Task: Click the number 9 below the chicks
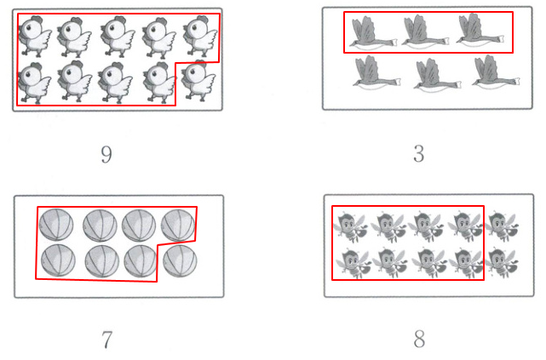[x=106, y=154]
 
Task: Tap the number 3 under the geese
[x=419, y=153]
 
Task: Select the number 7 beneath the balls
[x=107, y=340]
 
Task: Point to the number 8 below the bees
[x=419, y=339]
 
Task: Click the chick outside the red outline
[x=198, y=81]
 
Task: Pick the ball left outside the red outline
[x=180, y=261]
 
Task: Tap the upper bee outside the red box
[x=502, y=226]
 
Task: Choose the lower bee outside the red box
[x=502, y=263]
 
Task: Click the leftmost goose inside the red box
[x=372, y=32]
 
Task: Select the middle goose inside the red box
[x=424, y=32]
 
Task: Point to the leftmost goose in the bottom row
[x=376, y=74]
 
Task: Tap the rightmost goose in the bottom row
[x=496, y=72]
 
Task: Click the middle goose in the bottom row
[x=437, y=75]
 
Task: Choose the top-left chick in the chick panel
[x=35, y=36]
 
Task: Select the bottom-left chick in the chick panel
[x=34, y=83]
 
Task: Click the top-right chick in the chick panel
[x=200, y=36]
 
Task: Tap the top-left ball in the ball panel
[x=56, y=225]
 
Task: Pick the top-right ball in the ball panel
[x=178, y=226]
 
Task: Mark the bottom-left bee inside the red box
[x=353, y=263]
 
